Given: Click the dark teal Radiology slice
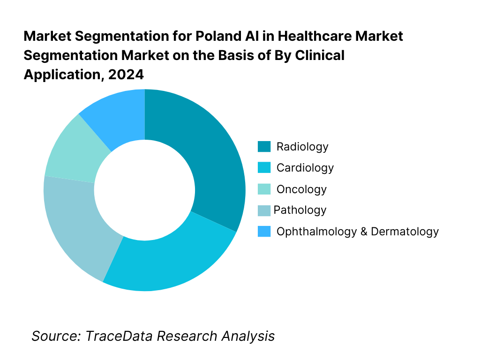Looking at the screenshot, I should click(211, 155).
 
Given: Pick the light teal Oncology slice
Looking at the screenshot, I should click(70, 150).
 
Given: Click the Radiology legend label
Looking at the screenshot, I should click(302, 147).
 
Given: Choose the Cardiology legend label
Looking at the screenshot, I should click(305, 168).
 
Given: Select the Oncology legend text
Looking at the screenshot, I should click(301, 189).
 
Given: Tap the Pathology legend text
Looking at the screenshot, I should click(300, 210).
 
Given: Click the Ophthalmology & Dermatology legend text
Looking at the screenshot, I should click(358, 231).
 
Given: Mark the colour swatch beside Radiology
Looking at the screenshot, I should click(264, 147).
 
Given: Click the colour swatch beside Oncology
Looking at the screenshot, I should click(264, 189).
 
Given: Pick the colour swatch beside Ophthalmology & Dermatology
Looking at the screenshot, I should click(264, 231).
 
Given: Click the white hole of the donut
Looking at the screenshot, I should click(144, 190).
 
